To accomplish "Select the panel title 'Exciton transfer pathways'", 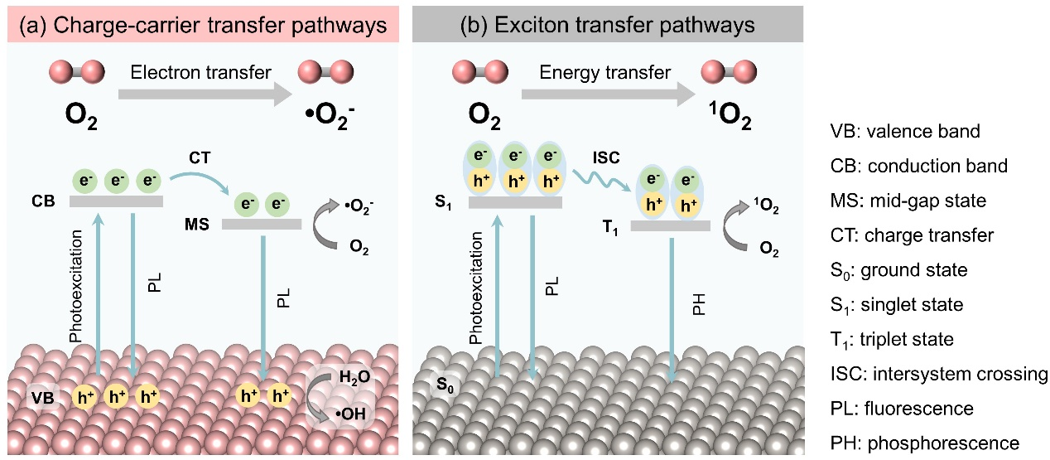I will click(608, 25).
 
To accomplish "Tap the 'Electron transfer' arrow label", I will click(200, 73).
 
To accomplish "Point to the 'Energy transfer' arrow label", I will click(604, 73).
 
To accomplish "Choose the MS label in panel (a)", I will click(199, 224).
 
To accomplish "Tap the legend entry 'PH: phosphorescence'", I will click(923, 443).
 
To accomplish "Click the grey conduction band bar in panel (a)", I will click(116, 201).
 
